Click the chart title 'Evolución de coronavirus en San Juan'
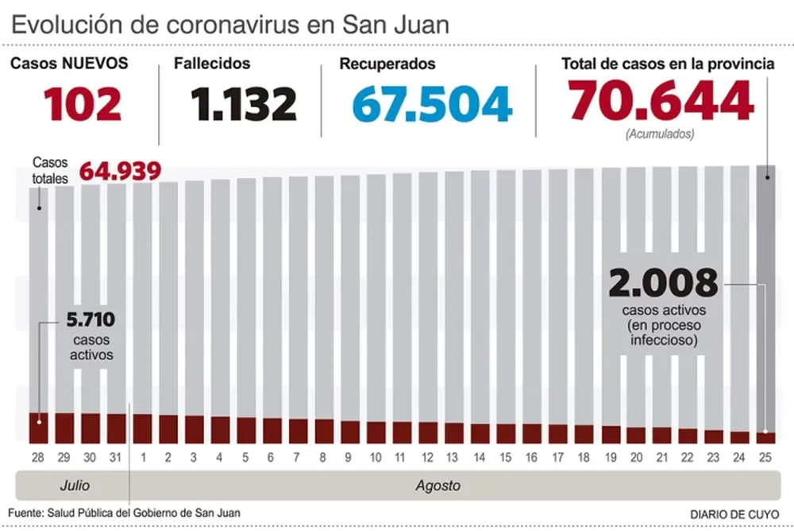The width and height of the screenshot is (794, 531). point(230,24)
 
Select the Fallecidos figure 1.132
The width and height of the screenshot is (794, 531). point(244,103)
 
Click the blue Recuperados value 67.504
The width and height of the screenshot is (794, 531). point(433,104)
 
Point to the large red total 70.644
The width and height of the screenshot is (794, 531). point(661,101)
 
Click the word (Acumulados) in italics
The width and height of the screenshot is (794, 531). point(660,134)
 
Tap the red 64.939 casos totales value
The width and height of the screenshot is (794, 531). point(120,171)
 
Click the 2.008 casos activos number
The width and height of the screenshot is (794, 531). point(664,283)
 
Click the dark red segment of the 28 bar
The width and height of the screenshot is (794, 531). point(38,428)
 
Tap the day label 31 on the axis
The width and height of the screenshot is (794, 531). point(116,458)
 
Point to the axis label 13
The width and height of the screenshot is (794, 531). point(453,458)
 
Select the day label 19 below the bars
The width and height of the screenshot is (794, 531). point(610,458)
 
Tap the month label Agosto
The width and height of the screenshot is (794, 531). point(437,484)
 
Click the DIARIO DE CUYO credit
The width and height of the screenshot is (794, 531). point(734,514)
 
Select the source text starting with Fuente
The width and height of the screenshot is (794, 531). point(125,513)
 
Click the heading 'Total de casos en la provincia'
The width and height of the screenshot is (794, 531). point(668,64)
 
